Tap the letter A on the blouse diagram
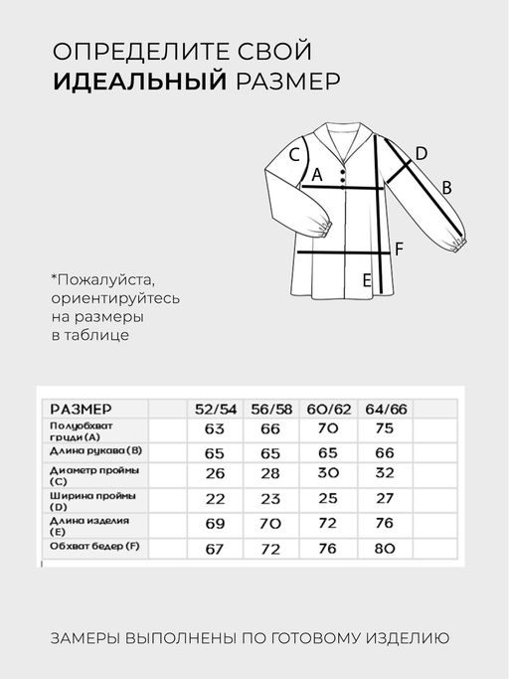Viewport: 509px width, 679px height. pos(318,175)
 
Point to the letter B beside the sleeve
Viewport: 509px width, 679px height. pos(446,187)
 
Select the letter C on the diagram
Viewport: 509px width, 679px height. pos(295,155)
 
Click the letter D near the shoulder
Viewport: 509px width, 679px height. pos(421,153)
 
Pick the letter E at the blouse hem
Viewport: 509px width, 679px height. pos(366,280)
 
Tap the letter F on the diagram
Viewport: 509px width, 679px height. pos(399,249)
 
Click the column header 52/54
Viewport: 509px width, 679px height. pos(216,409)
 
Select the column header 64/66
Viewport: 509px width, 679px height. pos(385,409)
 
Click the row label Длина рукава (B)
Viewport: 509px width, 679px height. pos(95,451)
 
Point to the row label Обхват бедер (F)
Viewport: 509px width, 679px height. pos(95,546)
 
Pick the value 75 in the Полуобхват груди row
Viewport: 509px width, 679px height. pos(385,429)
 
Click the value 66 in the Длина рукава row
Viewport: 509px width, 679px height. pos(385,451)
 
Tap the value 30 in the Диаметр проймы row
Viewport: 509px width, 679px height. pos(330,473)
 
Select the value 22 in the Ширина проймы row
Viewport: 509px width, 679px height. pos(216,497)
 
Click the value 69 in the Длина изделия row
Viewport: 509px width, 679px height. pos(216,522)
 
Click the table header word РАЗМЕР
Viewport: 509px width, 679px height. pos(81,409)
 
